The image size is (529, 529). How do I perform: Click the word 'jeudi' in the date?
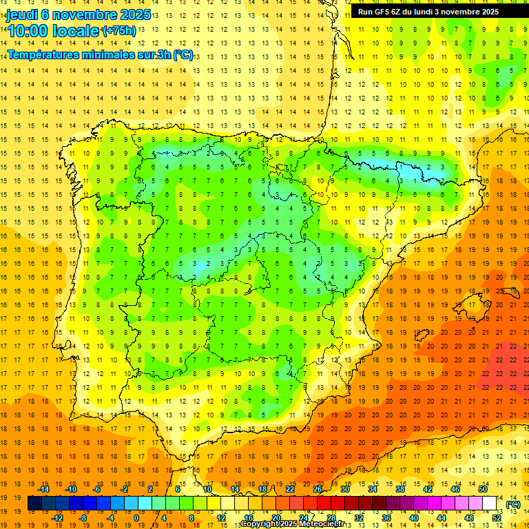pyautogui.click(x=23, y=14)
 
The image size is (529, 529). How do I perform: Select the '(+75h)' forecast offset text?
pyautogui.click(x=119, y=31)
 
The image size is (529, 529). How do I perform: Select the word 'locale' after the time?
pyautogui.click(x=76, y=31)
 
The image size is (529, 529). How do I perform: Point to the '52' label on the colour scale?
pyautogui.click(x=497, y=518)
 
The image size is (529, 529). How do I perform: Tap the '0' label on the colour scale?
pyautogui.click(x=136, y=518)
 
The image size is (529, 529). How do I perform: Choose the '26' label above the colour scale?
pyautogui.click(x=318, y=488)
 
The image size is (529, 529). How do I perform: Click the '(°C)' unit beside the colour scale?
pyautogui.click(x=513, y=504)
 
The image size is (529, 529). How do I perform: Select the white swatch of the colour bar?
pyautogui.click(x=490, y=504)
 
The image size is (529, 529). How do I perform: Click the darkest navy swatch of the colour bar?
pyautogui.click(x=34, y=504)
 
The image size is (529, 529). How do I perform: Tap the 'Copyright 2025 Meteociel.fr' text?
pyautogui.click(x=292, y=524)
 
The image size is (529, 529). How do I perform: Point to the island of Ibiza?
pyautogui.click(x=422, y=335)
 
